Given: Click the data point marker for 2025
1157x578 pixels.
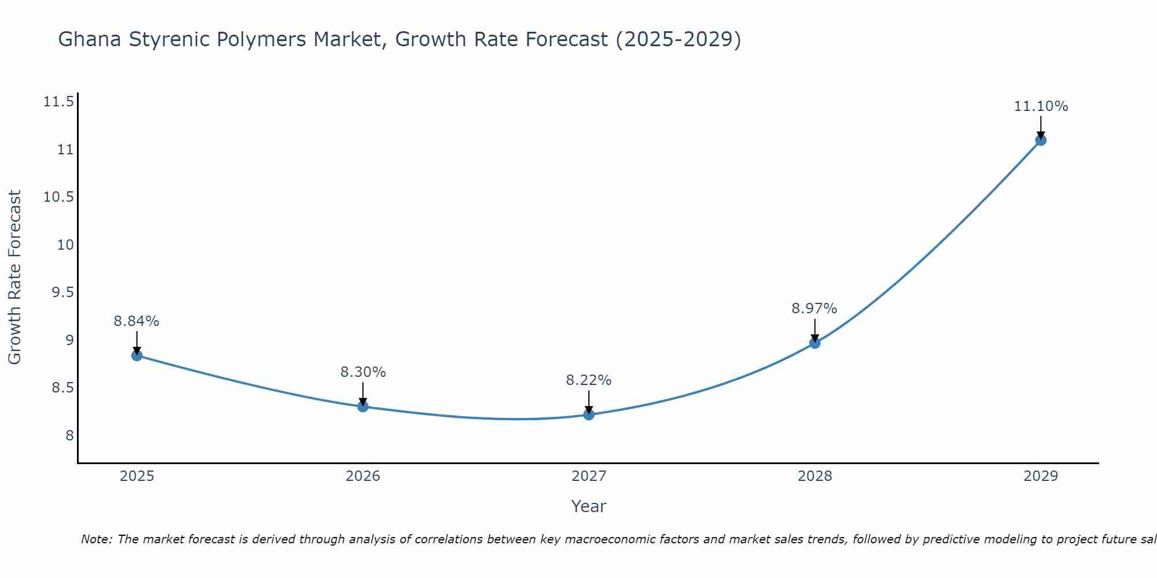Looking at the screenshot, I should [137, 355].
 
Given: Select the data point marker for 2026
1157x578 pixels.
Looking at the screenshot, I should [363, 406].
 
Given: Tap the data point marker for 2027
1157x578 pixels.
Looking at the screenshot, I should [589, 414].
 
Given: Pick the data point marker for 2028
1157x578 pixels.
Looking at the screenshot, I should [815, 343].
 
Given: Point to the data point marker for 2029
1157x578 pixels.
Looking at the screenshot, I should [1041, 140].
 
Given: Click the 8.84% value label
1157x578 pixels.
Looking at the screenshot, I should [137, 321].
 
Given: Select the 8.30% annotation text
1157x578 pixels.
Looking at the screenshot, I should [363, 372].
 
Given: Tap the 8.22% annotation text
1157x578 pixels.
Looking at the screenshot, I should [588, 380].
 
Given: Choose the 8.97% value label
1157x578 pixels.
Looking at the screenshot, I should [814, 309].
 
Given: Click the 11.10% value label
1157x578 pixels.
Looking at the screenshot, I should [1041, 106].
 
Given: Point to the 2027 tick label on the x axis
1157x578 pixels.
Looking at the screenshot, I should [589, 476].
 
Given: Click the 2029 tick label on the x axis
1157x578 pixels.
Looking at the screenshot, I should [1041, 476].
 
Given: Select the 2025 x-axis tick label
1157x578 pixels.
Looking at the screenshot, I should [137, 476].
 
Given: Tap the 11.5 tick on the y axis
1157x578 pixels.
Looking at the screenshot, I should [58, 102].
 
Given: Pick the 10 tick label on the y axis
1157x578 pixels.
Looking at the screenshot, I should [65, 244].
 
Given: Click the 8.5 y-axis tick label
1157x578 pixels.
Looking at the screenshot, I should [62, 387].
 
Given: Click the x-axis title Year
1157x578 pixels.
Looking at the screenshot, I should [588, 506].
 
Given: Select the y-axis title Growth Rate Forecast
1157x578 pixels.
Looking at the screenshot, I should [14, 277].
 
